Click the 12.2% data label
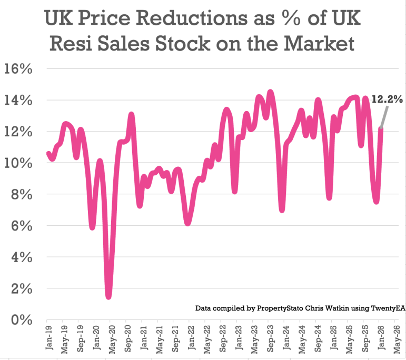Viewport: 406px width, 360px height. [387, 99]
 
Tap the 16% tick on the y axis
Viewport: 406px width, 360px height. [18, 69]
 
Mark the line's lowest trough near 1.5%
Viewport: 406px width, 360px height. [108, 296]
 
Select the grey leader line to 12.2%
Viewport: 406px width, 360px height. [384, 116]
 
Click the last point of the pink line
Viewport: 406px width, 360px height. [380, 129]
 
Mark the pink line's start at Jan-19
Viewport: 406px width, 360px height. [48, 154]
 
